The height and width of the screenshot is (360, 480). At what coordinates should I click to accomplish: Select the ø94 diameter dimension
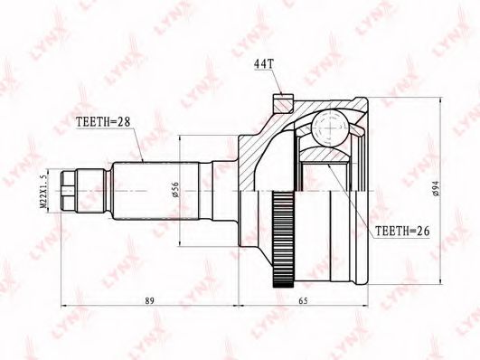pyautogui.click(x=436, y=189)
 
